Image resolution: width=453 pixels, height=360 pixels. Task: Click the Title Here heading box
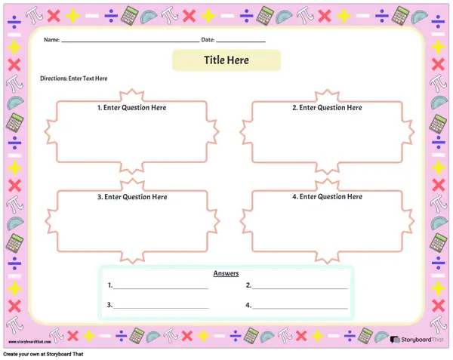[226, 60]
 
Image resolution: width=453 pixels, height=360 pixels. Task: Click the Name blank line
[131, 42]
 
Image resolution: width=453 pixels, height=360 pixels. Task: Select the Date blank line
[241, 42]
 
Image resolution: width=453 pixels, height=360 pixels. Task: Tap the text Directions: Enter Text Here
[74, 78]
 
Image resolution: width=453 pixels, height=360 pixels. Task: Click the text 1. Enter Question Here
[131, 108]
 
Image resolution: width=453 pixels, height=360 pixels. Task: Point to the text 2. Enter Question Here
[327, 108]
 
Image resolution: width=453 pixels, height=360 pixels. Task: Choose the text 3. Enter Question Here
[132, 197]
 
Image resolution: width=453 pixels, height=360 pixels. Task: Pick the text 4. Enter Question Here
[327, 196]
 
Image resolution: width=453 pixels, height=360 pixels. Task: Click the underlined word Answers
[226, 273]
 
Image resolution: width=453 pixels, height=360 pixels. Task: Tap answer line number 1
[161, 288]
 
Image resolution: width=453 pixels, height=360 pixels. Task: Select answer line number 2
[300, 288]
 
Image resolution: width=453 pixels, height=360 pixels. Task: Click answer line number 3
[161, 309]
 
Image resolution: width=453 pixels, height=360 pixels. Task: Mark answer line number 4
[300, 309]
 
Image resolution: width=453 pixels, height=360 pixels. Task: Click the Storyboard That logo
[417, 340]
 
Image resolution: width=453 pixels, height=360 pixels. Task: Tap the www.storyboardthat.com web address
[29, 342]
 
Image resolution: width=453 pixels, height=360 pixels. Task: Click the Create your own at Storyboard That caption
[43, 354]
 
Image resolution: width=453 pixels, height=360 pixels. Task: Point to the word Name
[51, 39]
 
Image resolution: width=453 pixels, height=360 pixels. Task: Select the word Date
[208, 39]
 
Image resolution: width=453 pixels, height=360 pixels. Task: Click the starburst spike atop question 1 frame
[132, 93]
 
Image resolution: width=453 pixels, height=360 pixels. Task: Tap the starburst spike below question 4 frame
[327, 258]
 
